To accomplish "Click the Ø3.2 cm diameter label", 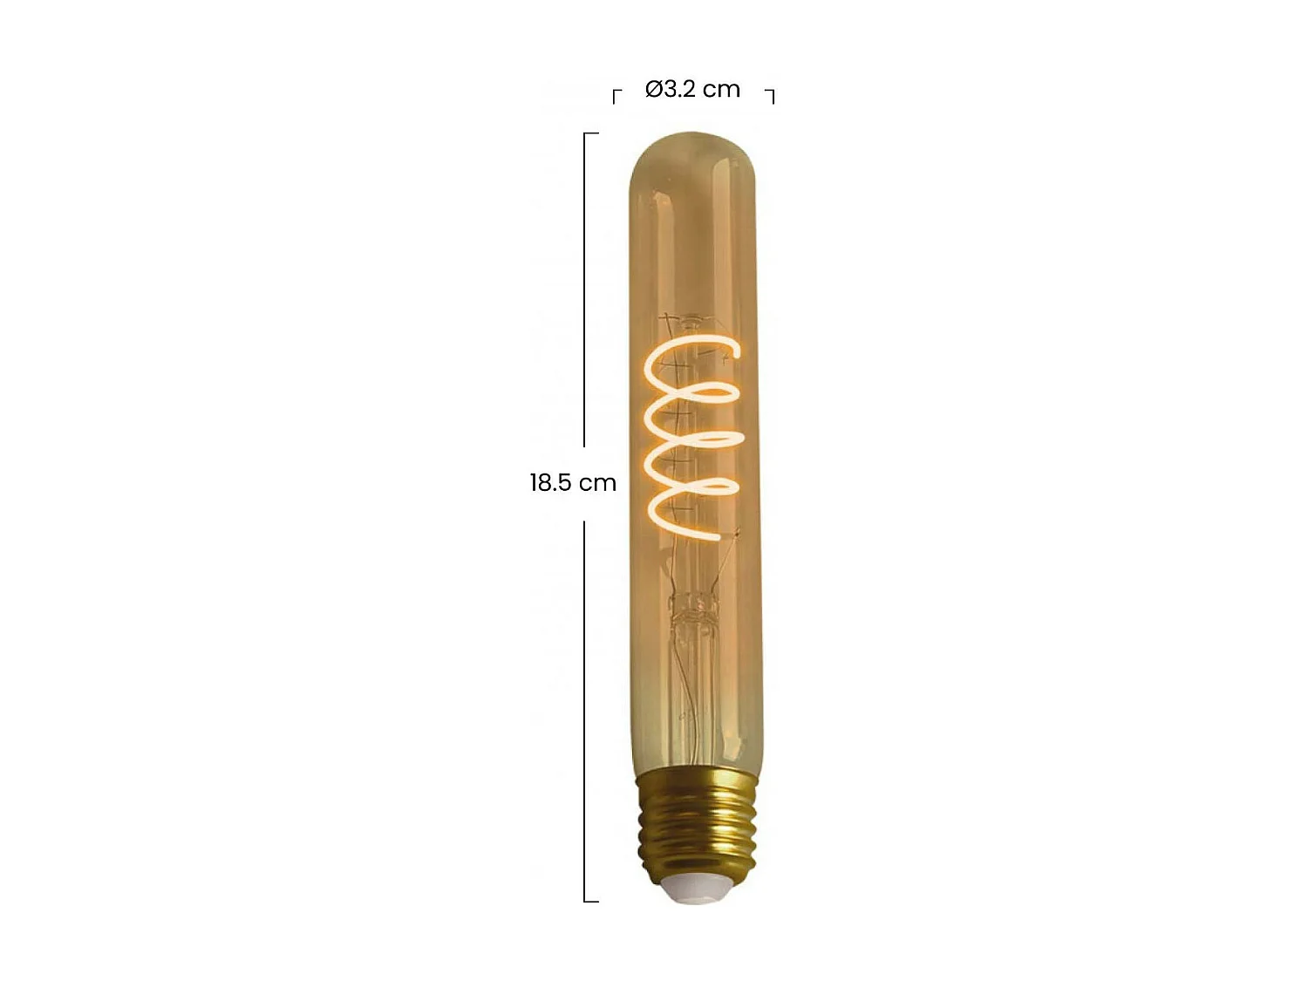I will tap(692, 89).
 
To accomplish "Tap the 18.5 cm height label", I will tap(573, 482).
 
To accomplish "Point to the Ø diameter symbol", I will tap(655, 89).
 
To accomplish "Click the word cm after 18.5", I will tap(598, 482).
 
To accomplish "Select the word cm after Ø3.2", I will tap(721, 89).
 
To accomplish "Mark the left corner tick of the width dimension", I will tap(616, 94).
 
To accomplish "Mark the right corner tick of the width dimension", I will tap(771, 94).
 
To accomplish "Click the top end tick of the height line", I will tap(590, 133).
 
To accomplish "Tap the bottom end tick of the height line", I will tap(590, 901).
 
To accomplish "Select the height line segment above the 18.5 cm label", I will tap(584, 288).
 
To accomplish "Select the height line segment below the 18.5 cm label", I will tap(584, 706).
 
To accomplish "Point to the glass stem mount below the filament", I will tap(693, 610).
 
